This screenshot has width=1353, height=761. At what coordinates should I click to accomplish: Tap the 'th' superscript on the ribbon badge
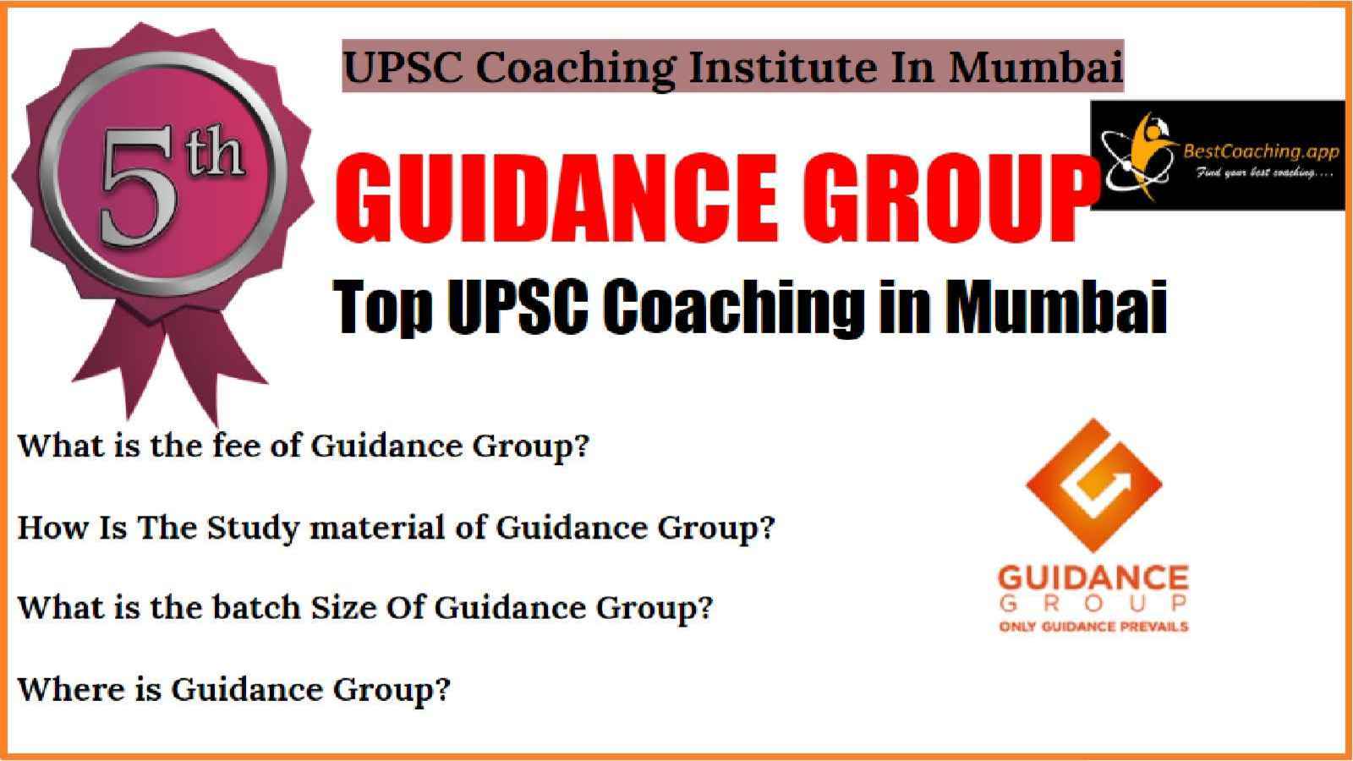(x=215, y=156)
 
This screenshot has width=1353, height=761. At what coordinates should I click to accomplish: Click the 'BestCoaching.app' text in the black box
(x=1261, y=151)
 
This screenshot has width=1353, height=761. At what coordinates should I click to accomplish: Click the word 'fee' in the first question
(x=236, y=446)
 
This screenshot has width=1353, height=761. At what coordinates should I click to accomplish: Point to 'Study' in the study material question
(x=253, y=528)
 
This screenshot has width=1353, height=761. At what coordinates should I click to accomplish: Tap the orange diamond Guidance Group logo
(x=1094, y=485)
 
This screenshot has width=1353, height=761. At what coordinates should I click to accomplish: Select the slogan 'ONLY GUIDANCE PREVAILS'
(x=1094, y=627)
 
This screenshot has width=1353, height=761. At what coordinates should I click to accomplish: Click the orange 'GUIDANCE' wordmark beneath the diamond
(x=1094, y=578)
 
